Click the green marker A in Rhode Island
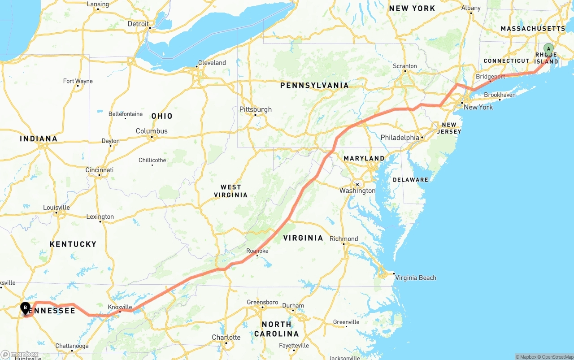[x=548, y=49]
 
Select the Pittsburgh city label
[x=256, y=109]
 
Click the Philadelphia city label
[x=400, y=138]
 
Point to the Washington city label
[x=357, y=191]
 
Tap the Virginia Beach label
[x=415, y=278]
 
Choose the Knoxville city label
[x=120, y=307]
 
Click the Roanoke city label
[x=257, y=251]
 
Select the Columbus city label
[x=152, y=131]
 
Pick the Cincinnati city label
[x=100, y=170]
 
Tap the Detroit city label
[x=138, y=24]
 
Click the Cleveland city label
[x=212, y=63]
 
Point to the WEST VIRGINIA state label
[x=230, y=191]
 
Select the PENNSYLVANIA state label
[x=314, y=85]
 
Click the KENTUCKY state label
[x=73, y=244]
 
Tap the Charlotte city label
[x=226, y=337]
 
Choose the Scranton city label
[x=405, y=66]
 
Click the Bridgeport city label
[x=491, y=77]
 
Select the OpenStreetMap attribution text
[x=556, y=357]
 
